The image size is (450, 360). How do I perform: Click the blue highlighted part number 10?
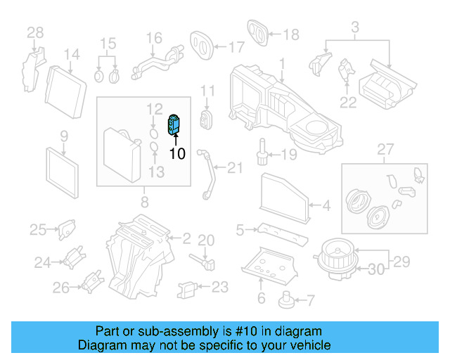[x=173, y=125]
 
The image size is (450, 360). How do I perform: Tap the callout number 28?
[x=35, y=32]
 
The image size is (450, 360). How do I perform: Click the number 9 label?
[x=63, y=136]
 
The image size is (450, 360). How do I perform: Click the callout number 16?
[x=154, y=37]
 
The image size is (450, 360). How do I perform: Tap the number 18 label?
[x=290, y=34]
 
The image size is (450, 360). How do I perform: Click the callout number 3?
[x=355, y=27]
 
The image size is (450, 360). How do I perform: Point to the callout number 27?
[x=384, y=149]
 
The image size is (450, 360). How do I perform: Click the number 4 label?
[x=326, y=206]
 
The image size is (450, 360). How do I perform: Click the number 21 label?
[x=234, y=167]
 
